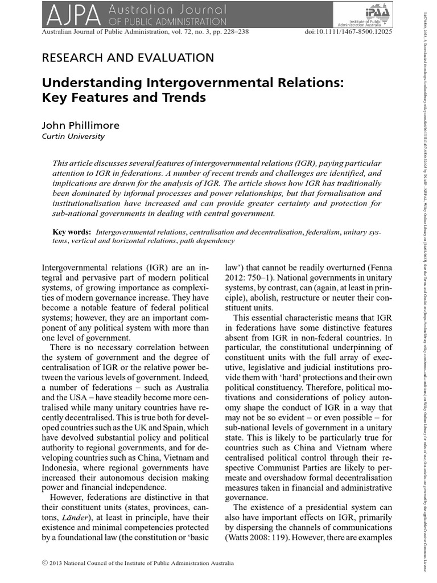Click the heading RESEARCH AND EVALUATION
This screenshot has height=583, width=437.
click(x=129, y=58)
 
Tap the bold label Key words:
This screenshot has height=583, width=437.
click(x=72, y=232)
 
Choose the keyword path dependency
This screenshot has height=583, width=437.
click(x=208, y=241)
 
